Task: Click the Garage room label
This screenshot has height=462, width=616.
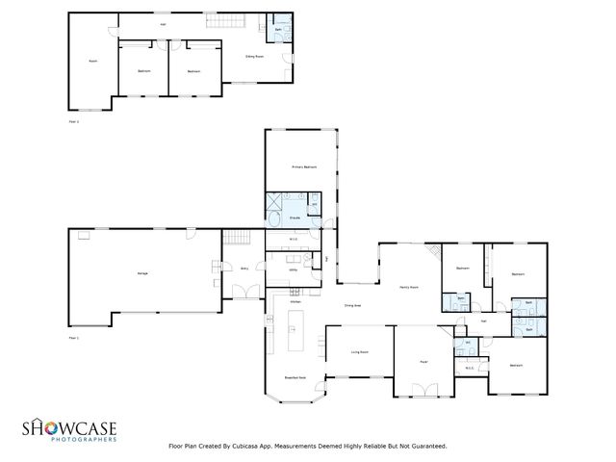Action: point(142,275)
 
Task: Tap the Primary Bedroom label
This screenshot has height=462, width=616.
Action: point(304,167)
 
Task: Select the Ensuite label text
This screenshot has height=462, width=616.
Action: point(295,218)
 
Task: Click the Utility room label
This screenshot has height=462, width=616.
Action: point(294,271)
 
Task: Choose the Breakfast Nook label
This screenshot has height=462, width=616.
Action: point(295,378)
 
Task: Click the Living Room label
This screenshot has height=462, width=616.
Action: point(360,353)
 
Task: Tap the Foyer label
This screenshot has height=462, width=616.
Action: point(423,362)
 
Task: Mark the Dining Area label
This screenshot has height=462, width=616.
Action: point(352,305)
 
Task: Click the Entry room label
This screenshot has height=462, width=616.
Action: point(244,270)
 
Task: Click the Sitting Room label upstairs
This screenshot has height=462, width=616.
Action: point(254,57)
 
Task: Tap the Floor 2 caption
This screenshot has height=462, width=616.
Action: point(73,122)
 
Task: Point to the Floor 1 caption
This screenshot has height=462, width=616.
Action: point(73,338)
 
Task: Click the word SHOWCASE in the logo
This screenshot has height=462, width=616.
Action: point(71,427)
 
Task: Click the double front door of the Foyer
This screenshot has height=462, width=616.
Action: point(423,390)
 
